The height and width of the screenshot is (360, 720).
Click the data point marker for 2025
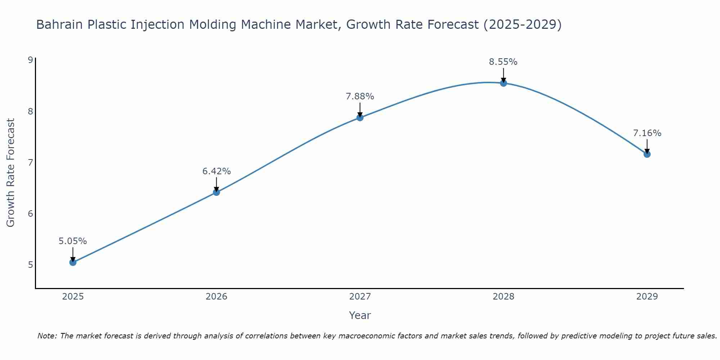(x=73, y=262)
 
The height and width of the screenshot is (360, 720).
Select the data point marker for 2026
(x=216, y=192)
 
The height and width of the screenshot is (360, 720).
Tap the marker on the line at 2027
(x=360, y=118)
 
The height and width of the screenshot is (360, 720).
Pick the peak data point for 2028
(x=504, y=83)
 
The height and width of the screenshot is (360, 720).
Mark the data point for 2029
(x=647, y=154)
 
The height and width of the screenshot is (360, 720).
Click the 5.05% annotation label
(x=73, y=241)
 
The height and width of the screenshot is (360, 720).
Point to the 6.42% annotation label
(x=216, y=171)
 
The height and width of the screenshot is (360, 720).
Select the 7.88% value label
(x=360, y=96)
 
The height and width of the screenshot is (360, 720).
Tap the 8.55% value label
(x=503, y=62)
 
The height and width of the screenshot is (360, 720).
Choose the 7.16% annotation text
(x=647, y=133)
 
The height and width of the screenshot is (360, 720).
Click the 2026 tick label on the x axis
(x=216, y=297)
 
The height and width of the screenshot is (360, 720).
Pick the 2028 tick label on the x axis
(x=504, y=297)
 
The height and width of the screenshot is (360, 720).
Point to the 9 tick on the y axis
(x=30, y=60)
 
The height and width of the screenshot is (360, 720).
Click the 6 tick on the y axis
(x=30, y=214)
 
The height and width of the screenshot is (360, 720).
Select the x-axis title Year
(x=360, y=315)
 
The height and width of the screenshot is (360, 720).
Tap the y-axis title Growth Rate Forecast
(x=11, y=173)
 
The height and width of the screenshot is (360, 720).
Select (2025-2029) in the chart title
(x=522, y=25)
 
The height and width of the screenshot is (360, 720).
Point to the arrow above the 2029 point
(x=647, y=146)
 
